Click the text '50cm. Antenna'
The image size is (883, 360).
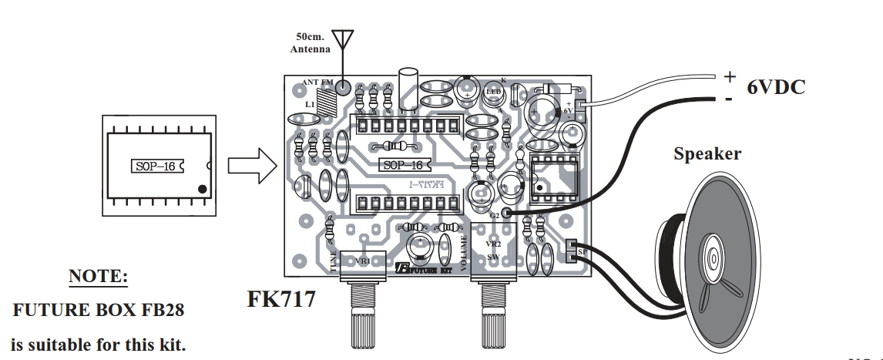click(x=311, y=42)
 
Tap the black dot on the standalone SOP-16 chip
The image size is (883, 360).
click(x=201, y=188)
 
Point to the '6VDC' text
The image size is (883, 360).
click(x=776, y=87)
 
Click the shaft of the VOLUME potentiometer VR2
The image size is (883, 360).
click(x=491, y=316)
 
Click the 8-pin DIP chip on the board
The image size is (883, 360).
click(x=552, y=180)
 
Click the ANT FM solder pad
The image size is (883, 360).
click(x=344, y=87)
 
